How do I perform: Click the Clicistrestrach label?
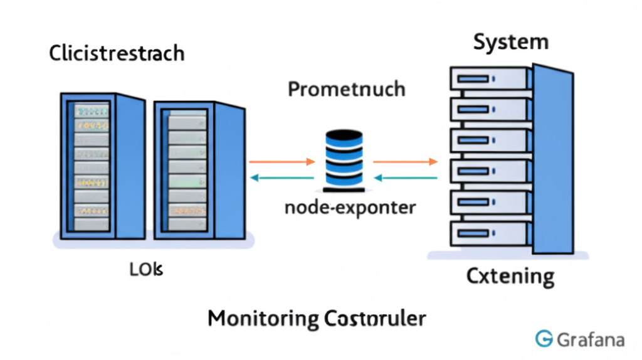click(x=117, y=53)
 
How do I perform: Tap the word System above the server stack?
click(x=510, y=42)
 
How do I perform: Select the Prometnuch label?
click(x=346, y=89)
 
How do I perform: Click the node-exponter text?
click(x=350, y=207)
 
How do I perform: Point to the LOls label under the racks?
click(x=146, y=270)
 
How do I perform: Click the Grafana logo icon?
click(x=544, y=339)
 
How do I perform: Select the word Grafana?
click(x=590, y=339)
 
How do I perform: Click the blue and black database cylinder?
click(x=344, y=161)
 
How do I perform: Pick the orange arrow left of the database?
click(x=282, y=162)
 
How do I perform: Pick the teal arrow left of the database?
click(x=282, y=177)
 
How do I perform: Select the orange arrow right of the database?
click(x=405, y=162)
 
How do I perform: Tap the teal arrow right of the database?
click(x=405, y=177)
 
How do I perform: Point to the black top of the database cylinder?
click(x=344, y=135)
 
